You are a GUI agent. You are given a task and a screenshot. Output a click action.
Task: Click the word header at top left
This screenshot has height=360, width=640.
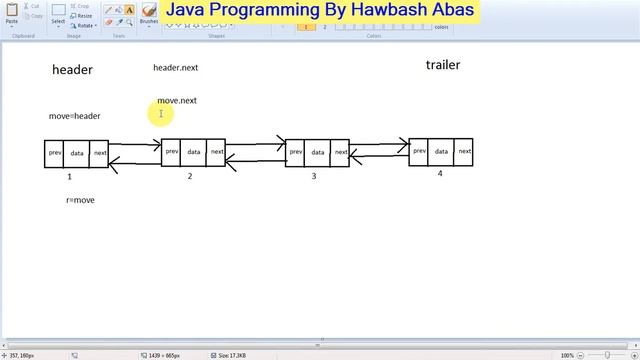click(x=72, y=70)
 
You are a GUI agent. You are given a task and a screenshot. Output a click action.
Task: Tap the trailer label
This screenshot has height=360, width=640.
click(x=443, y=65)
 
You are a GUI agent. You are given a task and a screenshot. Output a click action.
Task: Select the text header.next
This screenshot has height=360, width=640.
click(x=175, y=68)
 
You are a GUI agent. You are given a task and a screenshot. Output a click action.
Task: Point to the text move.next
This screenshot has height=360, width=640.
click(x=177, y=101)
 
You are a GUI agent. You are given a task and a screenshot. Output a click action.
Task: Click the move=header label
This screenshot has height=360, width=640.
click(x=74, y=116)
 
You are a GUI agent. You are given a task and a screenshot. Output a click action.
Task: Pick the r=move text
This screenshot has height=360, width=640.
click(x=80, y=200)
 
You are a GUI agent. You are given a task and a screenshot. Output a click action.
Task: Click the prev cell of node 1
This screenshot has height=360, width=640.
click(x=55, y=154)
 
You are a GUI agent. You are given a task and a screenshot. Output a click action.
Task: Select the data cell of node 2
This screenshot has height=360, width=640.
click(x=194, y=153)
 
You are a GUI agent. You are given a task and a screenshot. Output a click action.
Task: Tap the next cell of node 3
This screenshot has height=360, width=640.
click(x=341, y=153)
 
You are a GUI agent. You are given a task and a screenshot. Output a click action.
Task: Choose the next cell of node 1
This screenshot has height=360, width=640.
click(x=100, y=154)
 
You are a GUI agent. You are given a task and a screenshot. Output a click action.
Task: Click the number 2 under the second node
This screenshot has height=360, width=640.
click(x=189, y=176)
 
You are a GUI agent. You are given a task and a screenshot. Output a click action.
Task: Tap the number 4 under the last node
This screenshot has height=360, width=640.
click(x=439, y=173)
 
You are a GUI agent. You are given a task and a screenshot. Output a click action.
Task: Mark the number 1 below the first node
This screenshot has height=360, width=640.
click(x=69, y=176)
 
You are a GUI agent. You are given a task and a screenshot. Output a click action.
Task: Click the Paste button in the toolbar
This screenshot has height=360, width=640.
click(x=12, y=13)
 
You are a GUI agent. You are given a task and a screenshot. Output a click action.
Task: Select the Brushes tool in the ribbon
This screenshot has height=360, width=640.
click(x=148, y=14)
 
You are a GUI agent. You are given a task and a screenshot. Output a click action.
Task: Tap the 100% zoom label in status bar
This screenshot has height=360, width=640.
click(x=567, y=355)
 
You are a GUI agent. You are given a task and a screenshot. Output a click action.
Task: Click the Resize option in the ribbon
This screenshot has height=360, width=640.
click(x=82, y=16)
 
